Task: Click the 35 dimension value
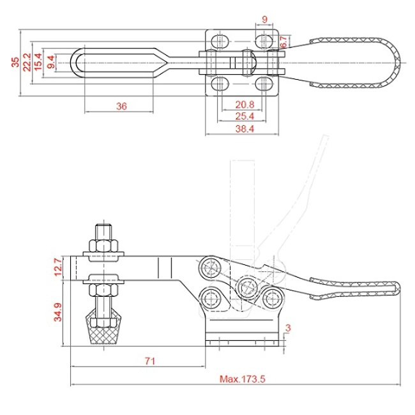pos(15,62)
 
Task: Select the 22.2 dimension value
pos(27,62)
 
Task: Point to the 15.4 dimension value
pos(38,62)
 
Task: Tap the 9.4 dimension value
pos(50,62)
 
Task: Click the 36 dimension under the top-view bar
pos(121,106)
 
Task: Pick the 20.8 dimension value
pos(243,104)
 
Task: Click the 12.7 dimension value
pos(58,266)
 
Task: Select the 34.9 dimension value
pos(58,312)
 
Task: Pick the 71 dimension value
pos(150,361)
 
